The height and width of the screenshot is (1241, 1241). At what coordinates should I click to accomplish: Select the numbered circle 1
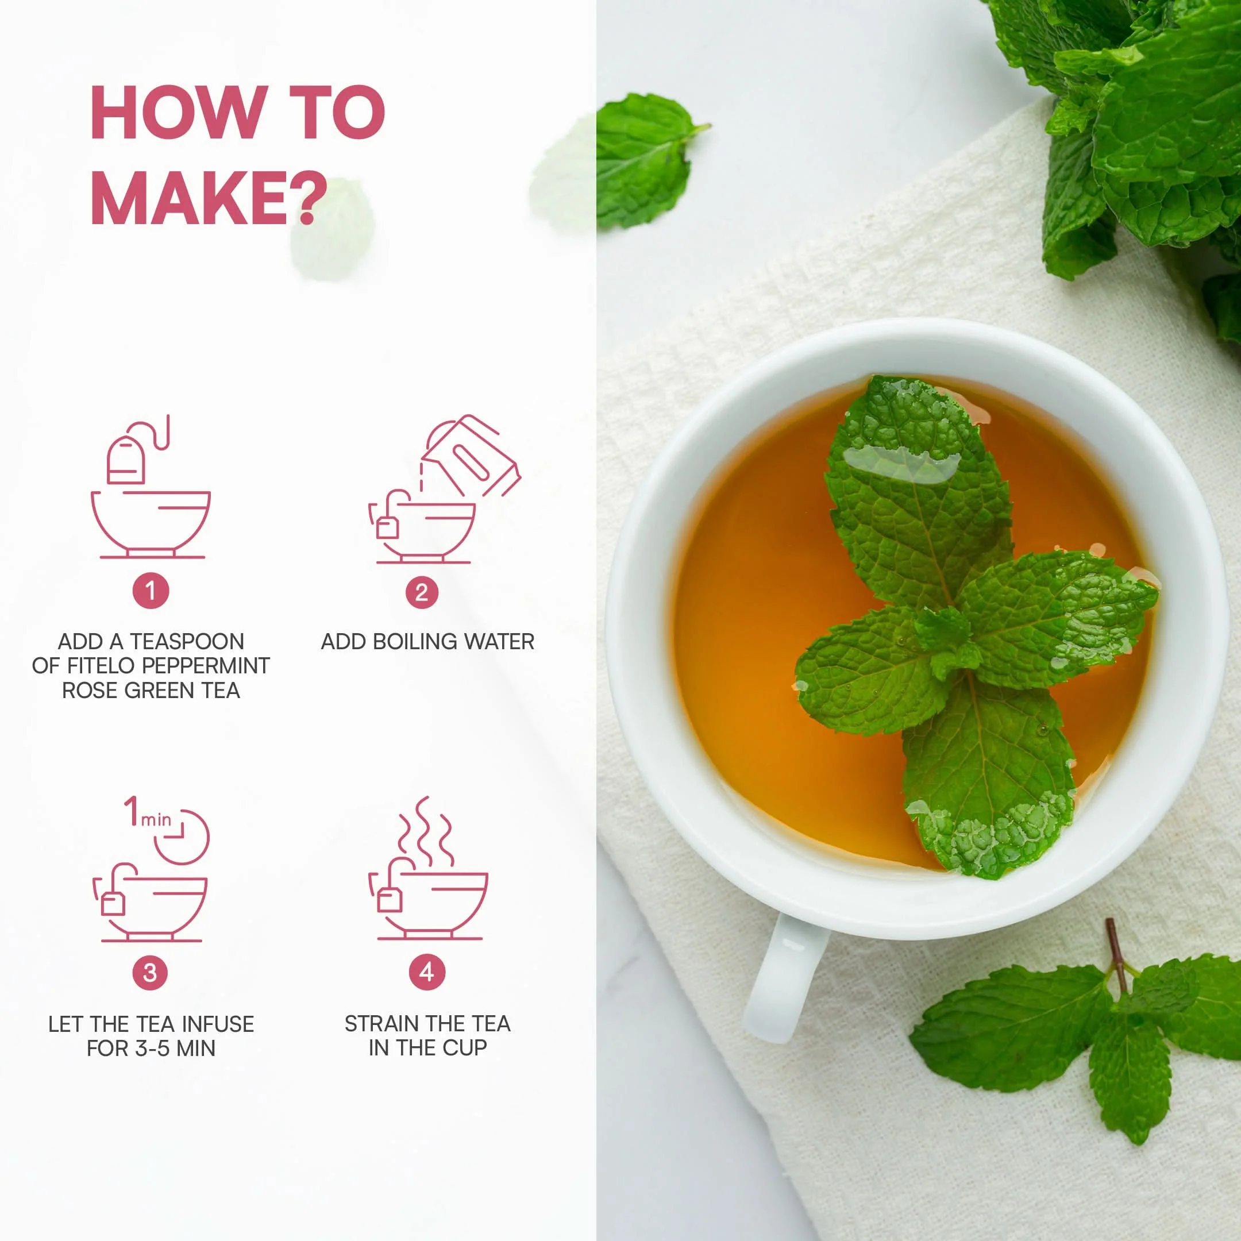point(151,590)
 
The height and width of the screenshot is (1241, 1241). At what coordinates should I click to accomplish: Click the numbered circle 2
point(421,592)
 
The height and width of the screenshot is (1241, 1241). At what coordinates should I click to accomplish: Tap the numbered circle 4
point(426,972)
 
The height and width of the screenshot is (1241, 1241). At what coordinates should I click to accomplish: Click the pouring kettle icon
point(470,456)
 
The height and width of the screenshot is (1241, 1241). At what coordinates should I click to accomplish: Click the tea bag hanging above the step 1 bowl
point(126,458)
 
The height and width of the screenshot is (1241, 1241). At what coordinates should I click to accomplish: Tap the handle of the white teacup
point(785,976)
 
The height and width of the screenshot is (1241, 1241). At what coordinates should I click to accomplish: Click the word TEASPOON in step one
point(187,641)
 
